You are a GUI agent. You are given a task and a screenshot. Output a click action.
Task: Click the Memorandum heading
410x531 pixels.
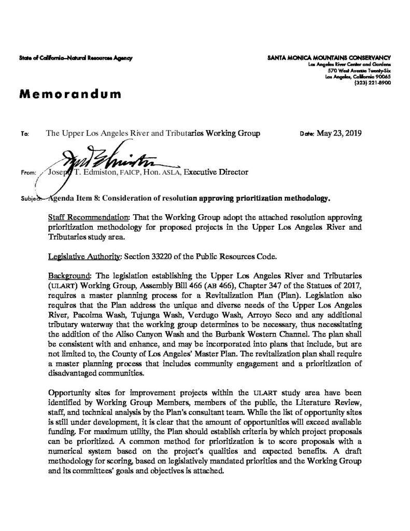(x=71, y=94)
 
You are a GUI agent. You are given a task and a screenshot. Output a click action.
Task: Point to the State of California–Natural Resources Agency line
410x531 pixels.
(x=77, y=58)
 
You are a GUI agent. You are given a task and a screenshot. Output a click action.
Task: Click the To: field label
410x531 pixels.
(x=25, y=134)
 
